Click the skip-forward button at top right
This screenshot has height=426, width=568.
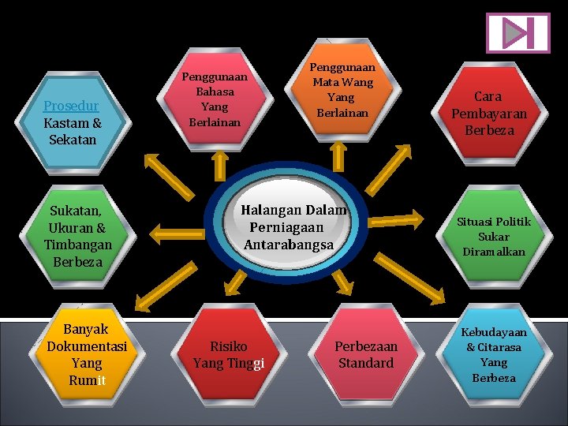pos(518,33)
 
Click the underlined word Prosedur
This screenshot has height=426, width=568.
pos(71,106)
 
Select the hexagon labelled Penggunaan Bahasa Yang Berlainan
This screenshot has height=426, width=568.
pos(214,100)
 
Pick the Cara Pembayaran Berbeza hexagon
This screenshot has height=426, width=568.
pos(488,114)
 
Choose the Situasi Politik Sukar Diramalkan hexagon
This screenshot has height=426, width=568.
pos(494,237)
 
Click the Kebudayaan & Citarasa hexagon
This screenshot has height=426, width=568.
pos(494,355)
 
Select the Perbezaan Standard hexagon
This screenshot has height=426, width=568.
pos(365,355)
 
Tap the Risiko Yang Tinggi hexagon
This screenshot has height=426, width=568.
pos(229,355)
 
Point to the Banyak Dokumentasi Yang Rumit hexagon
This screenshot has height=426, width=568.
pos(87,355)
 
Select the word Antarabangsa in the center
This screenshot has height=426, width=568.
pos(289,245)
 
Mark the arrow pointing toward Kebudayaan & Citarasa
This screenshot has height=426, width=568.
pos(413,293)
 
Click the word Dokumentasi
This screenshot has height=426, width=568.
pos(87,346)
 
